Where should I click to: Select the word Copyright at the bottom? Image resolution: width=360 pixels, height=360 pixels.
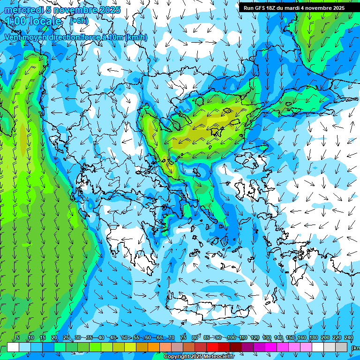tap(176, 357)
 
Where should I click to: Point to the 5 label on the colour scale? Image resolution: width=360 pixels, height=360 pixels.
tap(18, 337)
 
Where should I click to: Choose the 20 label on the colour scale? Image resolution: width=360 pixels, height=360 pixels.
tap(54, 337)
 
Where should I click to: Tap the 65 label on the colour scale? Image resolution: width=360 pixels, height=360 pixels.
tap(160, 337)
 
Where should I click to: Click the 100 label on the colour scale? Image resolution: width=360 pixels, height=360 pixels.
tap(232, 337)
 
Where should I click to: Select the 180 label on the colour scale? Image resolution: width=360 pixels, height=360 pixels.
tap(314, 337)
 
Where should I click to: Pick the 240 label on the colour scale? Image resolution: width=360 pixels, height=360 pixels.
tap(349, 337)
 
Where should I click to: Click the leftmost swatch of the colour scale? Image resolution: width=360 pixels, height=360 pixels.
tap(13, 347)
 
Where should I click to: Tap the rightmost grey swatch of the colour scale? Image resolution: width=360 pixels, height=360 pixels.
tap(342, 347)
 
